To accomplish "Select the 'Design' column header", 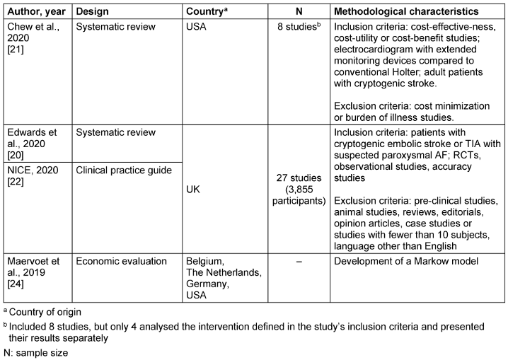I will [92, 12].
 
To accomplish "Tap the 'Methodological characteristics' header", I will [415, 12].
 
